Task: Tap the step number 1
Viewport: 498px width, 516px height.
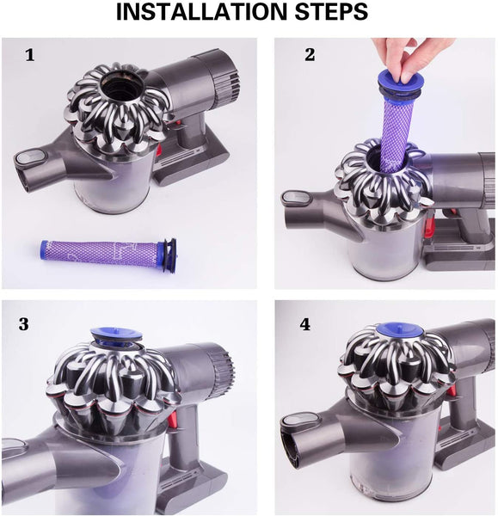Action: [x=30, y=56]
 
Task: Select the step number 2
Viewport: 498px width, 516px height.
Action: [x=309, y=55]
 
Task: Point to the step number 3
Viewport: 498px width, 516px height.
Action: [x=23, y=324]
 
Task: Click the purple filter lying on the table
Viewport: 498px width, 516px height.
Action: [x=99, y=252]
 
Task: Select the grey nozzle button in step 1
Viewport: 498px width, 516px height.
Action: [x=31, y=157]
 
